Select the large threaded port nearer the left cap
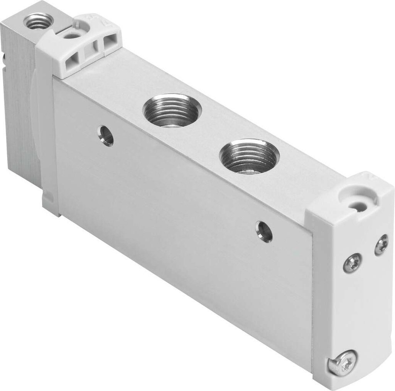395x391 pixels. pos(172,111)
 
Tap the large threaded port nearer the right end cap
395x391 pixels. pos(249,156)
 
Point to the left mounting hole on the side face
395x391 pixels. pos(106,135)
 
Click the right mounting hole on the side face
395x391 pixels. pos(264,231)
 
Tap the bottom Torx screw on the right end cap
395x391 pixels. pos(342,362)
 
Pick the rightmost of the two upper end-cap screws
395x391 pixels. pos(381,245)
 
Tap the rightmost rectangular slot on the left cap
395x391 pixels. pos(110,39)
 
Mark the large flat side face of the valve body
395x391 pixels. pos(181,224)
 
